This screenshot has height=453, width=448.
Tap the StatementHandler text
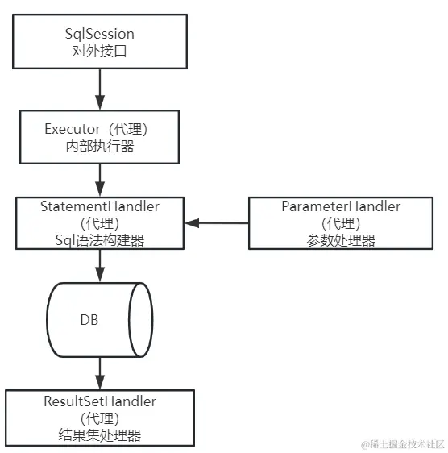tap(100, 206)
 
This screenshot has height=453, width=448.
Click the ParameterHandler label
tap(341, 206)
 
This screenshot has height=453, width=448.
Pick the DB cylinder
tap(100, 320)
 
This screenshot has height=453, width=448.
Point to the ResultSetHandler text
tap(100, 401)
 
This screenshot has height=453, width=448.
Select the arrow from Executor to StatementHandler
tap(100, 177)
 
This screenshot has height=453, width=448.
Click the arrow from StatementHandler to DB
tap(100, 265)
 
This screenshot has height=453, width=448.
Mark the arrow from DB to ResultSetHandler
tap(100, 373)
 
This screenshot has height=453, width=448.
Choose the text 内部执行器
tap(100, 146)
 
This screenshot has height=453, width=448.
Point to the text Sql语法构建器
tap(100, 240)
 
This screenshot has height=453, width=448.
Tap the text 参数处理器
tap(341, 240)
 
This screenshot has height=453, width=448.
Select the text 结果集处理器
tap(100, 435)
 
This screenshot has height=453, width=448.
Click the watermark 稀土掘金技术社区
tap(402, 444)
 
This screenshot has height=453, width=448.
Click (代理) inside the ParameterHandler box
tap(341, 223)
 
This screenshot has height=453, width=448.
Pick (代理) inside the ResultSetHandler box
tap(100, 418)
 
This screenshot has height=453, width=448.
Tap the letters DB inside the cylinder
tap(89, 320)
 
